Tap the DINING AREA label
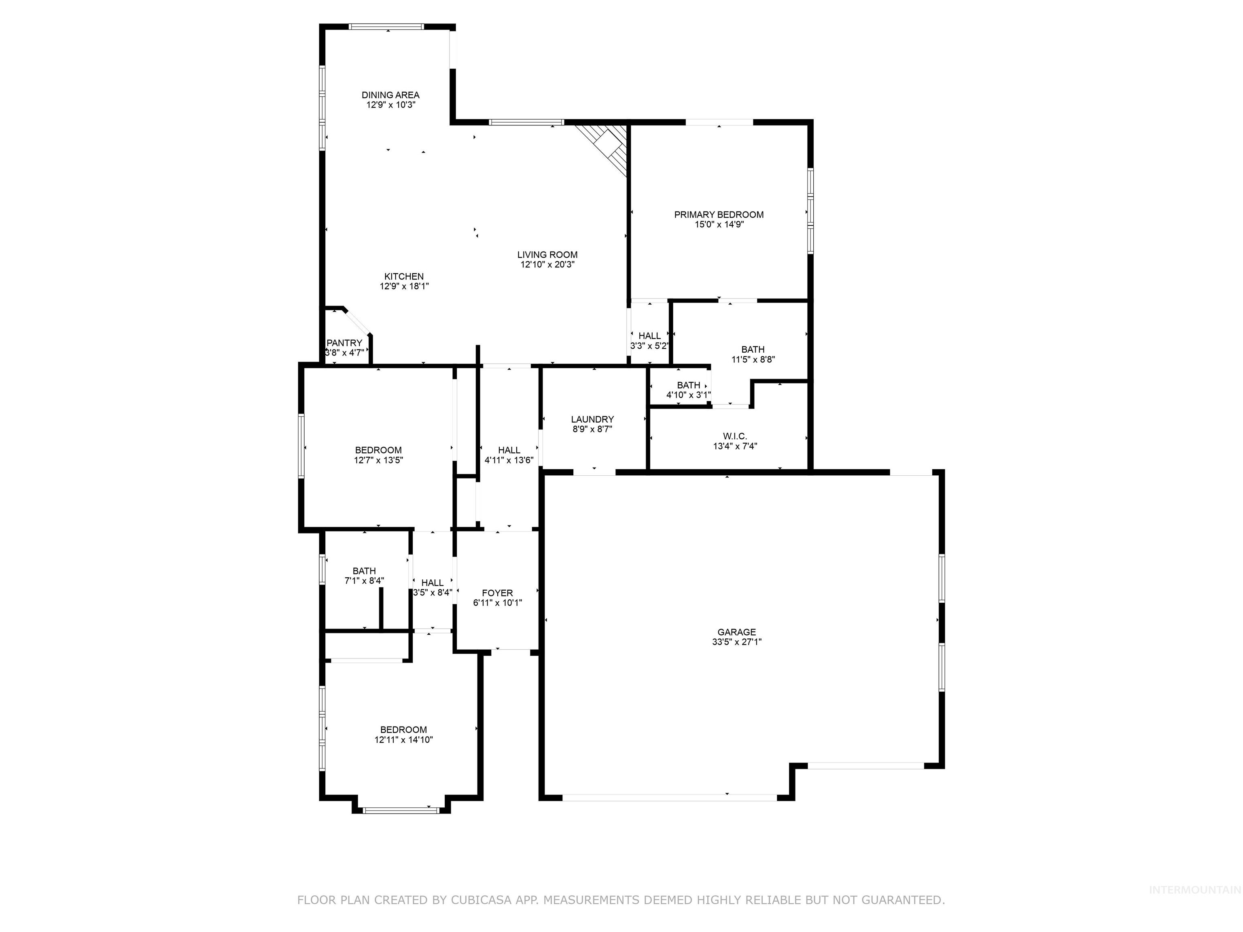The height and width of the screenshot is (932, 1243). click(390, 95)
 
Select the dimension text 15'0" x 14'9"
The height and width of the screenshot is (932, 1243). click(719, 224)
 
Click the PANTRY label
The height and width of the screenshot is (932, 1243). click(344, 343)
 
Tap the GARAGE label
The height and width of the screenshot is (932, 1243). click(736, 632)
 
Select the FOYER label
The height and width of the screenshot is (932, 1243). click(497, 593)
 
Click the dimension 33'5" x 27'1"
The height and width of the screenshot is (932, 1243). click(736, 642)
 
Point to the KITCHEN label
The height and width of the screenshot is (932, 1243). click(403, 276)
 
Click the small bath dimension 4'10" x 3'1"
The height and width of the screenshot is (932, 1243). click(688, 395)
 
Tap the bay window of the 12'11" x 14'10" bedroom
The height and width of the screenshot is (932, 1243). click(400, 809)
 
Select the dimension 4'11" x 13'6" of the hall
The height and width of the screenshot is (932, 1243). click(509, 460)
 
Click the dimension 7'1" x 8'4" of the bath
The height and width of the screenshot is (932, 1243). click(364, 581)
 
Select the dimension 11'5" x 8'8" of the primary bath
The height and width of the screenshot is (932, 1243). click(753, 360)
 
